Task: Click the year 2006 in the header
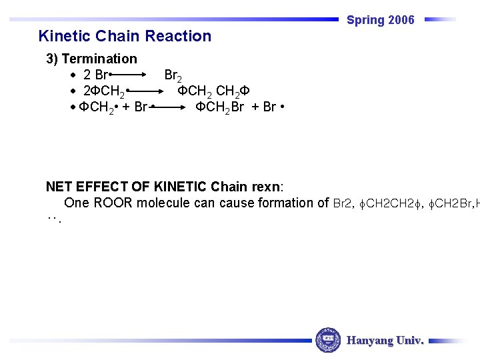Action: (x=402, y=20)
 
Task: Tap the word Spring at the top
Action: (x=366, y=21)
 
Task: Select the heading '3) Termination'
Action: (x=91, y=59)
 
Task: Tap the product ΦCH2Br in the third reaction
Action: (x=220, y=107)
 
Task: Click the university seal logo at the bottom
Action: (x=328, y=340)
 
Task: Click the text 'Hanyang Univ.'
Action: (x=385, y=341)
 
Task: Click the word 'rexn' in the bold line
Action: (x=268, y=187)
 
